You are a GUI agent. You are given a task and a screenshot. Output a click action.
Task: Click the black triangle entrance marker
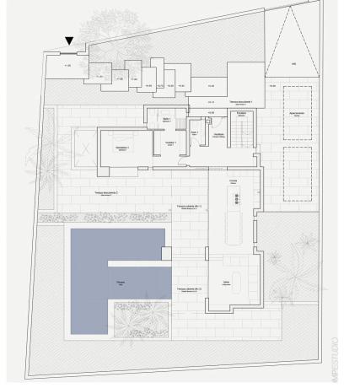coord(69,40)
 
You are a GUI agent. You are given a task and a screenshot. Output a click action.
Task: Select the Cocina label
coord(233,181)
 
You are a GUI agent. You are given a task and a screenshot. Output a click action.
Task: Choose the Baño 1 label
coord(166,120)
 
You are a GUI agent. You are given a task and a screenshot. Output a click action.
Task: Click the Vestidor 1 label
coord(170,143)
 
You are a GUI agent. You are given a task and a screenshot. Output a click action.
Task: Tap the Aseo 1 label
coord(194,132)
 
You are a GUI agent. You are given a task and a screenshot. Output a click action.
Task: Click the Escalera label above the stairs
coord(241,112)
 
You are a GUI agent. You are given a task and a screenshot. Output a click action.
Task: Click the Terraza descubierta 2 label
coord(106,193)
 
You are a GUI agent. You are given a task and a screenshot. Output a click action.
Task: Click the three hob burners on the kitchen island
coord(238,198)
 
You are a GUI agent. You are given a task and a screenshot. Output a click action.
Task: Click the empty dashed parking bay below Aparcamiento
coord(296,174)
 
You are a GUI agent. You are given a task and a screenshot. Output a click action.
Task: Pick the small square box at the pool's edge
coord(166,251)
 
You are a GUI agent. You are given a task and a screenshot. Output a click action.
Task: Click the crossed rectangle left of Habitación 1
coord(85,145)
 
